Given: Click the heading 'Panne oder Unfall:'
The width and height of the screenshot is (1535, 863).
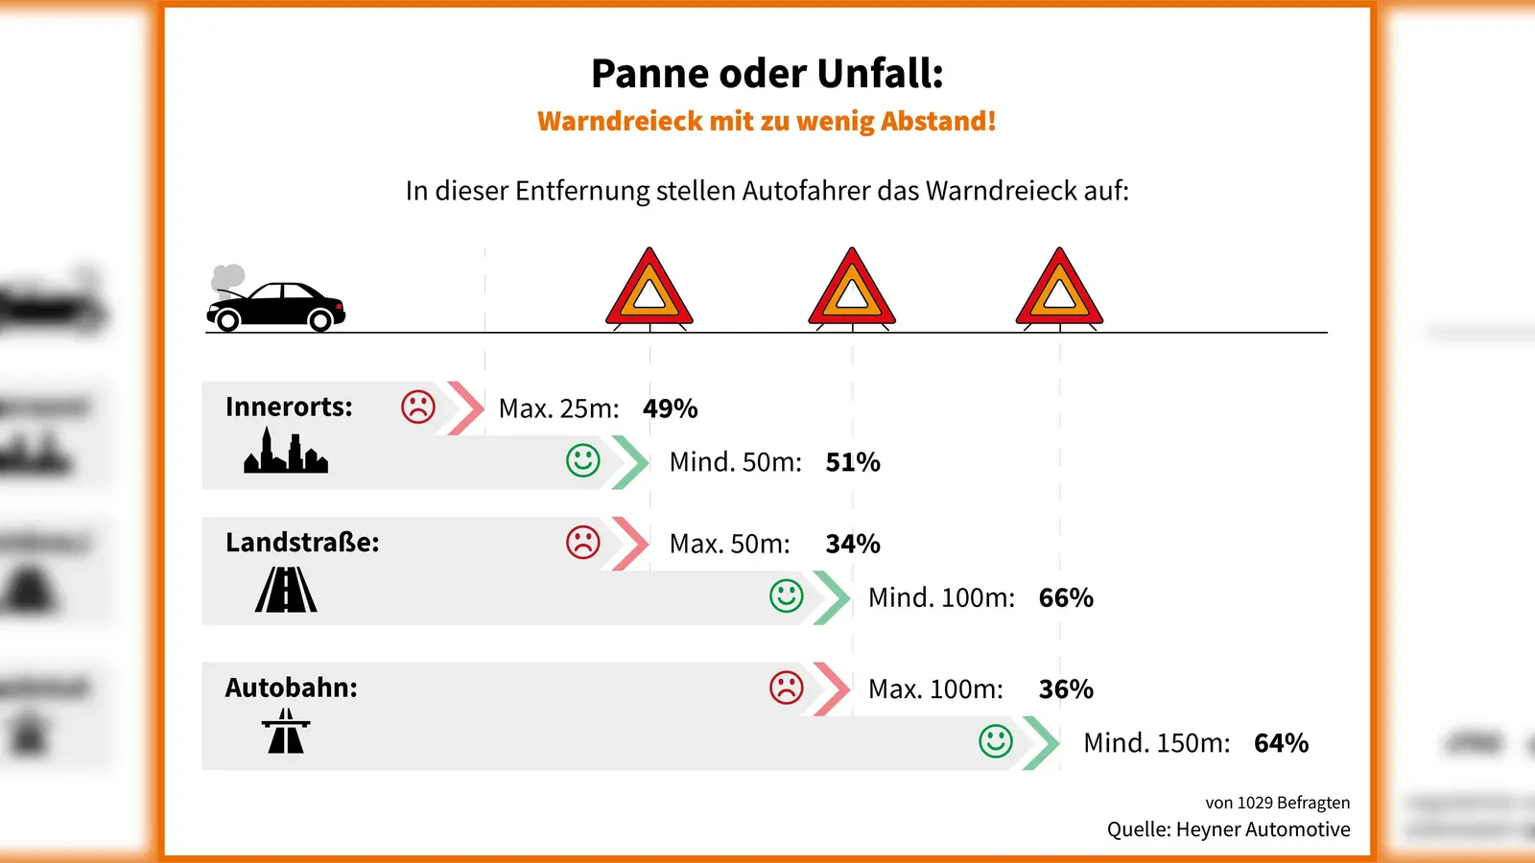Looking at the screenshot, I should tap(767, 74).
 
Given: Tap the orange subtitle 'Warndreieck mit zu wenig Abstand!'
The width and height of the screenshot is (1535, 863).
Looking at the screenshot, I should tap(767, 122).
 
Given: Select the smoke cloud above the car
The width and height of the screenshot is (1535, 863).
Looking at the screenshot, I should tap(227, 277).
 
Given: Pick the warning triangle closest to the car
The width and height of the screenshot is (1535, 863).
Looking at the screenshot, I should tap(649, 290).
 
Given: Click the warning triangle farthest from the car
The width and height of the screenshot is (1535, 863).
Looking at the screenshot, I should tap(1059, 290).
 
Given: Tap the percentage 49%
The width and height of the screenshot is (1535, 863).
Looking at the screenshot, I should tap(670, 408).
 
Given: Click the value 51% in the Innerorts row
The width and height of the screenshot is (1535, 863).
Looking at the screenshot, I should tap(852, 462).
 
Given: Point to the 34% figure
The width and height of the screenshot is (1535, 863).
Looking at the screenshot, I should tap(852, 544).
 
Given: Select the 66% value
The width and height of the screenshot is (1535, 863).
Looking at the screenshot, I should tap(1066, 598).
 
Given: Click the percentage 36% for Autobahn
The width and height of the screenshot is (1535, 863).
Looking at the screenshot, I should tap(1066, 689).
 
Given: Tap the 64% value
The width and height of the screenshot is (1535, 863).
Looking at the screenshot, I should tap(1281, 743).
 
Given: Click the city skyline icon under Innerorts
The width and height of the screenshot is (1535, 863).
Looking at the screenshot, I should tap(286, 452).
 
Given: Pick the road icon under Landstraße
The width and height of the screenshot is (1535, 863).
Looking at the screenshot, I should tap(286, 590).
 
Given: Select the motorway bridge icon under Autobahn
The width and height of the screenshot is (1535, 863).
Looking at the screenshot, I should tap(286, 731).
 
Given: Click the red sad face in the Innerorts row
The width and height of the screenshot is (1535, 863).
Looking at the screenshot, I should tap(418, 407).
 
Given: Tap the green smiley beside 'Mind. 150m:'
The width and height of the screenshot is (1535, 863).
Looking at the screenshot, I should tap(996, 741).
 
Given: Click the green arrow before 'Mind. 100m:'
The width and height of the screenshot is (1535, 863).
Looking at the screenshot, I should tap(831, 597).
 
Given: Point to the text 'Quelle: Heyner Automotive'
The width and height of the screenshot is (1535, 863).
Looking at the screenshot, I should tap(1228, 829).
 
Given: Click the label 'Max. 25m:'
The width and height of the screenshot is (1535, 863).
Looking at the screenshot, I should tap(558, 408).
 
